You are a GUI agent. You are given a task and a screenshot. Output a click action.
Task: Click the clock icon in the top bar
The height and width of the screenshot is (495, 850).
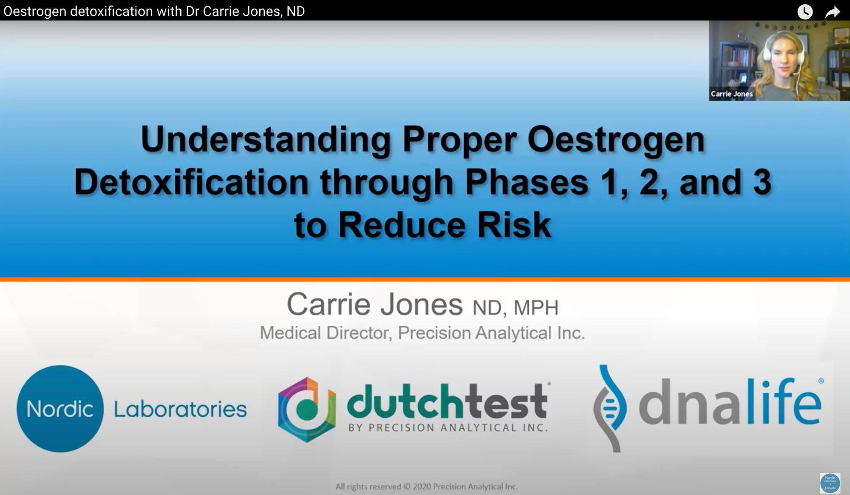click(x=805, y=11)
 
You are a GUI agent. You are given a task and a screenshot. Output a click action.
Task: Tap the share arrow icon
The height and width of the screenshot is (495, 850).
click(x=833, y=11)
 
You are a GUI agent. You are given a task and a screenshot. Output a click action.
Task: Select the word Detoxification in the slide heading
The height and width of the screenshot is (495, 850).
click(x=191, y=182)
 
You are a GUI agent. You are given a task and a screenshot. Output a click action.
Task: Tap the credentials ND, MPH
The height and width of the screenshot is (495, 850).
click(x=515, y=307)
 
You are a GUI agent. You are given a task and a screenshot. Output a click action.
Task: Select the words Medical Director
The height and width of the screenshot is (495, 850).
click(x=326, y=333)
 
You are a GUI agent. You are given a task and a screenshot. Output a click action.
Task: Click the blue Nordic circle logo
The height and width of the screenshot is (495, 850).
click(x=60, y=408)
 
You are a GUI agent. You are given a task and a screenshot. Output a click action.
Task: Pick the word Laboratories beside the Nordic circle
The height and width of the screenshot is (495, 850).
click(x=180, y=409)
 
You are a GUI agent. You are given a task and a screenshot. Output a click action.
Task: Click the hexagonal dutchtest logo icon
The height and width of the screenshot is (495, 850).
click(x=307, y=409)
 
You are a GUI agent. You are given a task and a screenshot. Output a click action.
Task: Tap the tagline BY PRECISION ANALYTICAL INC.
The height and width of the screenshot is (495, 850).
click(x=448, y=427)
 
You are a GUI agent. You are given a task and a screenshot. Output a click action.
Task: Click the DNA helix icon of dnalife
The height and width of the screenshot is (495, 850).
click(x=610, y=408)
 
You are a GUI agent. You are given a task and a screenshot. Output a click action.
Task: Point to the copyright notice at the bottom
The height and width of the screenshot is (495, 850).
click(x=427, y=487)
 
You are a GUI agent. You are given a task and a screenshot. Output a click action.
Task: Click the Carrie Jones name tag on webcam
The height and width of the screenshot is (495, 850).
click(x=731, y=94)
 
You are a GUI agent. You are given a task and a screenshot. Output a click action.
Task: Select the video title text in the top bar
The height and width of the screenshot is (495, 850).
click(x=154, y=11)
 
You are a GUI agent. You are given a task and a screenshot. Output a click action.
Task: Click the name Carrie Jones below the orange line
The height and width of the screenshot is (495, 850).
click(x=374, y=304)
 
